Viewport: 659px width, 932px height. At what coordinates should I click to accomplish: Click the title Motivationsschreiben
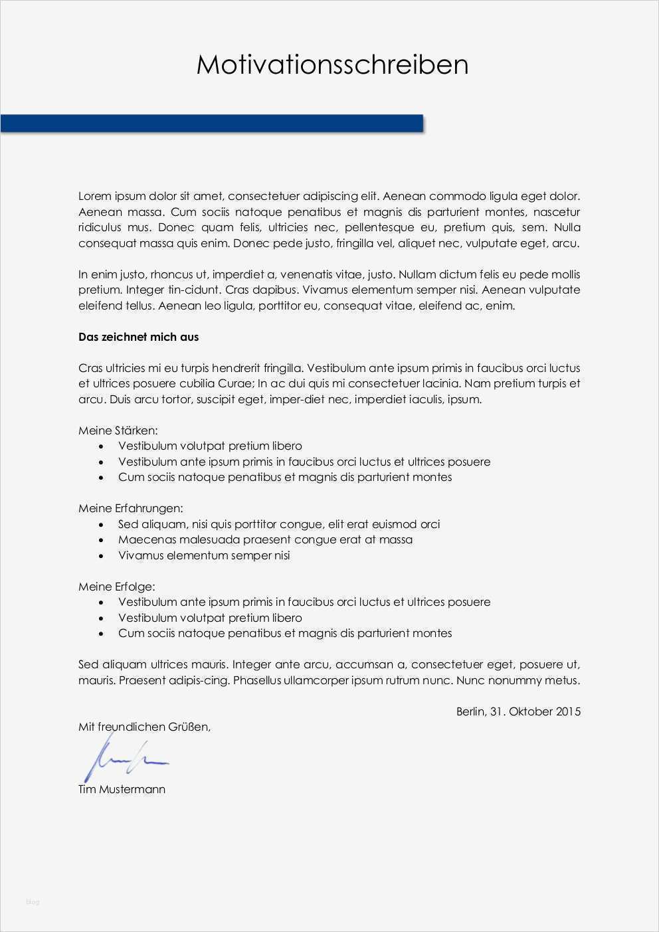click(x=332, y=65)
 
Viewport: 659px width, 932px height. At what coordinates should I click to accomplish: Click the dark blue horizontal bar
click(x=211, y=124)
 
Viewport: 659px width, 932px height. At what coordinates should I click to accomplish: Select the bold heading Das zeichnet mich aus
click(x=138, y=337)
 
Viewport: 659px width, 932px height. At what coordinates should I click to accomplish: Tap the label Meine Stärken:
click(x=118, y=430)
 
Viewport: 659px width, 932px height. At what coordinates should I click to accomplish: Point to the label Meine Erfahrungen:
click(x=130, y=508)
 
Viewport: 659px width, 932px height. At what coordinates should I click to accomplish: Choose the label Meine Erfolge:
click(x=116, y=587)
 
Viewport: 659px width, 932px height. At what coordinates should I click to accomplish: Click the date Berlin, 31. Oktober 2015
click(x=518, y=711)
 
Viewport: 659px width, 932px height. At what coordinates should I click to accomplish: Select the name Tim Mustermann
click(x=122, y=789)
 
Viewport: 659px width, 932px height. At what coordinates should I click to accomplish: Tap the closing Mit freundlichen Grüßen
click(x=144, y=727)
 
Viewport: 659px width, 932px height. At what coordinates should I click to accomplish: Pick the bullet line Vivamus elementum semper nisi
click(x=204, y=555)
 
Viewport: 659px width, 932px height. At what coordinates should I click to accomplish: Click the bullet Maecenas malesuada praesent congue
click(x=265, y=539)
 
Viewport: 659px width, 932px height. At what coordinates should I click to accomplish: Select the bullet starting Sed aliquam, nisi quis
click(x=278, y=524)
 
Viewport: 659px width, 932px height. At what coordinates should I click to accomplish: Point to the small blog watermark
click(x=33, y=901)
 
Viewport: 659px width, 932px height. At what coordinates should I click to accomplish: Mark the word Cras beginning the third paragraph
click(x=90, y=368)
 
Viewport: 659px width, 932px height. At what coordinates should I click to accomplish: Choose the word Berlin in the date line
click(x=470, y=711)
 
